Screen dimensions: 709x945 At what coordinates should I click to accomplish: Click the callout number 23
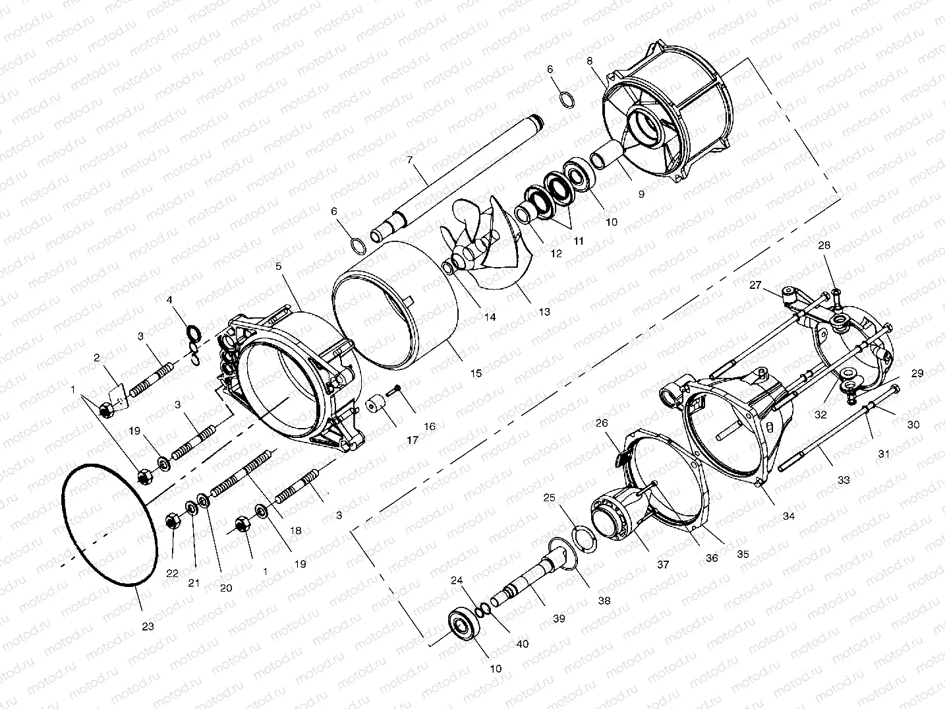[148, 626]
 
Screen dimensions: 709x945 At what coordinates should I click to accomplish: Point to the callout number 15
[476, 373]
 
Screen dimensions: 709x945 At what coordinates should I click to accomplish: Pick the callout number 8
[590, 60]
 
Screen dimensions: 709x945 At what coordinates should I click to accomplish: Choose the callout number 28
[824, 245]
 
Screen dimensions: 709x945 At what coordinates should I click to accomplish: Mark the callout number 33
[844, 480]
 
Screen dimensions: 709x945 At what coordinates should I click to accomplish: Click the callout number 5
[279, 266]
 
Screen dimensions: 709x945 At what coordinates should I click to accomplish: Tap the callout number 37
[663, 565]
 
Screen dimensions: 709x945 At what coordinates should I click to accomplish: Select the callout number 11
[579, 241]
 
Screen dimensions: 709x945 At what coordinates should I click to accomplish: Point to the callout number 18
[296, 530]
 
